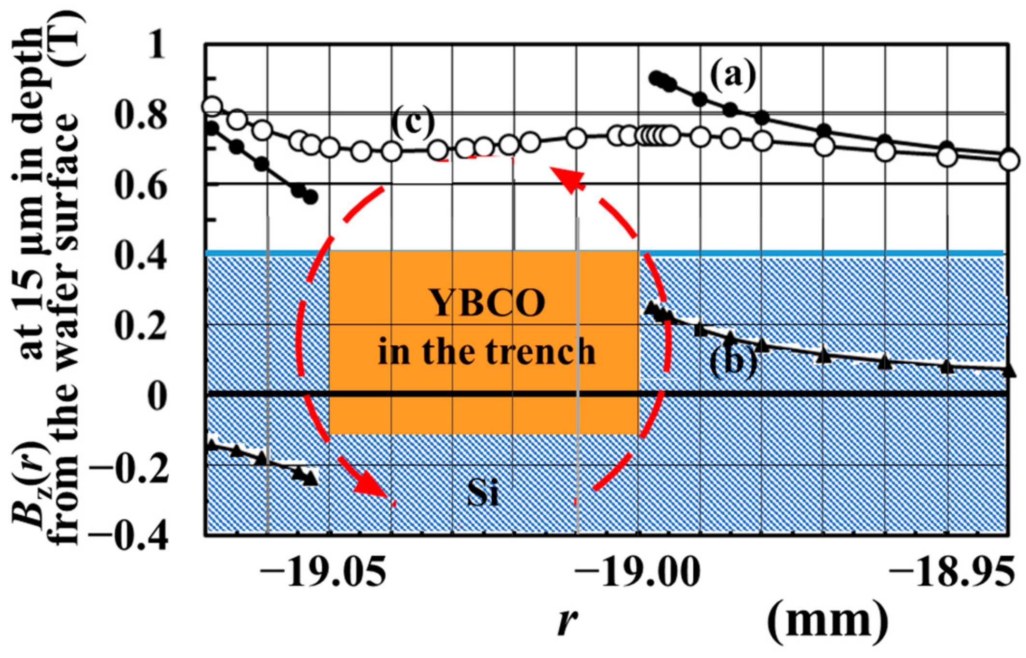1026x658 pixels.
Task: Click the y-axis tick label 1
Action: click(155, 47)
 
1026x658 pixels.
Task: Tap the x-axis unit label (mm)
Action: click(827, 621)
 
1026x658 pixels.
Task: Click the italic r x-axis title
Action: click(567, 622)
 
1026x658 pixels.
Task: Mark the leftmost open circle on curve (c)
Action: click(212, 106)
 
